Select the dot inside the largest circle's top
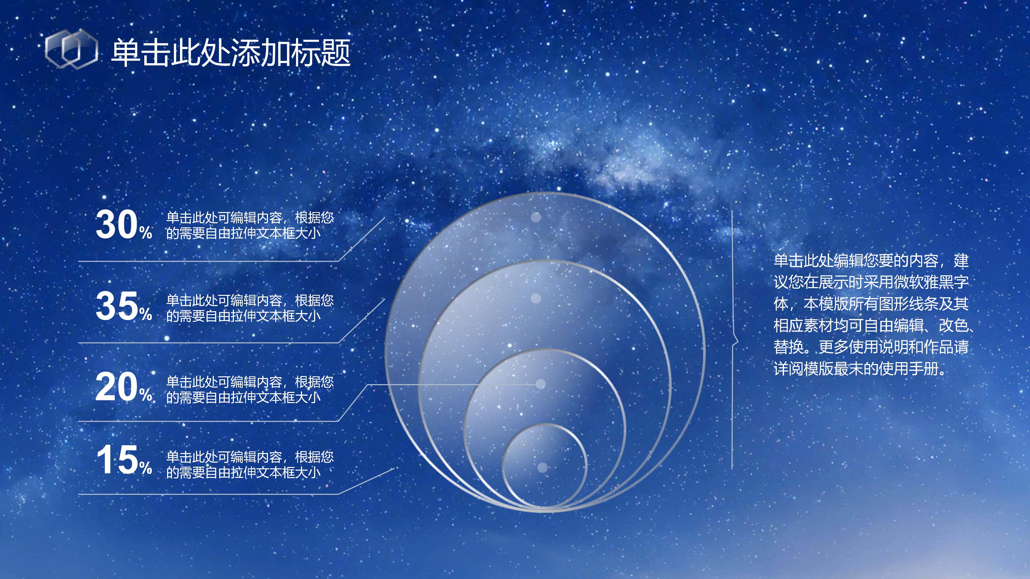coord(536,217)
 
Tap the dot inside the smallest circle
coord(542,467)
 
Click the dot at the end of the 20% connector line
coord(540,384)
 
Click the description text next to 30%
coord(249,225)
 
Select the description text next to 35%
coord(249,308)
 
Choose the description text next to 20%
coord(249,389)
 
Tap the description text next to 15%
coord(249,464)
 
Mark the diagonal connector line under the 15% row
coord(366,481)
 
